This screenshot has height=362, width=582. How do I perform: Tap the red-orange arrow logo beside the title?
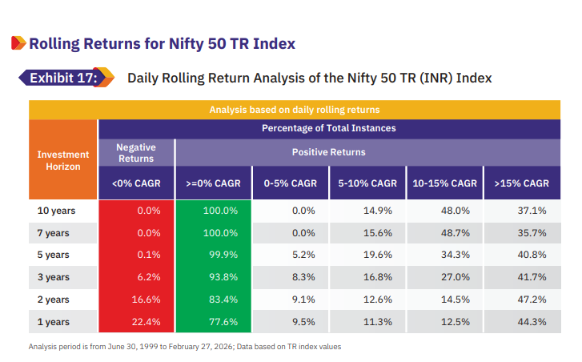[x=18, y=42]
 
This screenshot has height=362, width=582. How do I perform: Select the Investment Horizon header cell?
[x=62, y=159]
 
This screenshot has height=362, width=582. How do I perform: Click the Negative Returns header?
[x=136, y=153]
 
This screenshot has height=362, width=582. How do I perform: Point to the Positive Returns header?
[x=328, y=152]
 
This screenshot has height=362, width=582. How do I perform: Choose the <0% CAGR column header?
[x=136, y=183]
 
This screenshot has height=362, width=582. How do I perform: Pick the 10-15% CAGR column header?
[x=444, y=183]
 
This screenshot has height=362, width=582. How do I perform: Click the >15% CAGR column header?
[x=522, y=183]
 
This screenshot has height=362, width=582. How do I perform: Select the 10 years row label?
[x=56, y=211]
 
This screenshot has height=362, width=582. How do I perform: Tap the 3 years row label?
[x=53, y=277]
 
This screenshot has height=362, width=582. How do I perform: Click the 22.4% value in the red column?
[x=146, y=321]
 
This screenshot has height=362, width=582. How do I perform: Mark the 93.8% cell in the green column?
[x=223, y=277]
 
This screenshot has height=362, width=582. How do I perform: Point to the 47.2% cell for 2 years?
[x=532, y=300]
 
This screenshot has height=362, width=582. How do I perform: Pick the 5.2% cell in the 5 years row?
[x=303, y=255]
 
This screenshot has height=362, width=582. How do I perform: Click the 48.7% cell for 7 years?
[x=455, y=233]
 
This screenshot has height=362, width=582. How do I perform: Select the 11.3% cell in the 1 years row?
[x=378, y=321]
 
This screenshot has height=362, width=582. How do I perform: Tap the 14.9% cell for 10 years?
[x=378, y=211]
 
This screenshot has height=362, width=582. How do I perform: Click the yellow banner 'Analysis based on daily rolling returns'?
[x=295, y=110]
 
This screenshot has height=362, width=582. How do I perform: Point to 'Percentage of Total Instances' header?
[x=329, y=128]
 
